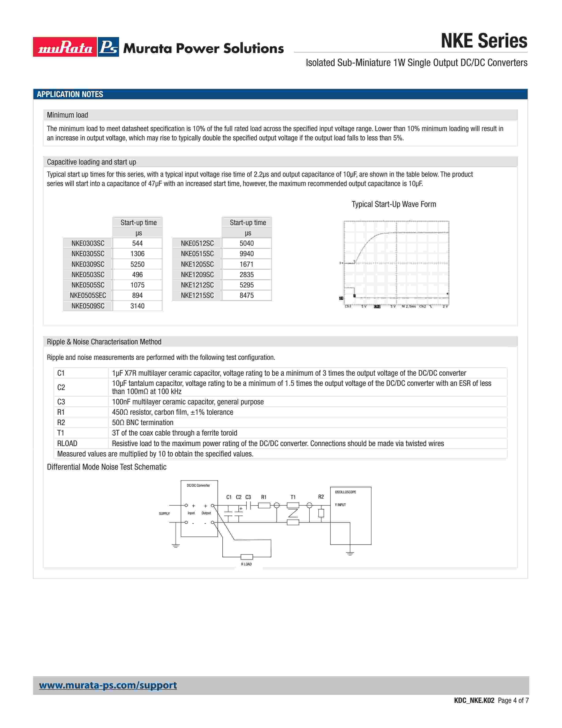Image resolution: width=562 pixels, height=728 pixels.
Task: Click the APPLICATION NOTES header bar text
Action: click(x=70, y=94)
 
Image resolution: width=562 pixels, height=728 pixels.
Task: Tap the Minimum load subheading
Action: click(x=68, y=115)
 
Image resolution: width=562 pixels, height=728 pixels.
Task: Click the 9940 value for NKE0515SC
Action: click(x=246, y=254)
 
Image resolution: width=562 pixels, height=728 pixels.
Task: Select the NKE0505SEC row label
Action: click(x=88, y=295)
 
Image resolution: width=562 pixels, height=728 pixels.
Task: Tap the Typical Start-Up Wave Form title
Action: click(x=394, y=204)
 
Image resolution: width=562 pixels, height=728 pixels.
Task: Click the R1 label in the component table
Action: click(x=61, y=412)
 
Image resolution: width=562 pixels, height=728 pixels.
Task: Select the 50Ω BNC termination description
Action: click(x=143, y=423)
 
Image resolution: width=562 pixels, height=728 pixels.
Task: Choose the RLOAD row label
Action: click(x=67, y=444)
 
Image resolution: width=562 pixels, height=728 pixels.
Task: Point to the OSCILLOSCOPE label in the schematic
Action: click(x=345, y=492)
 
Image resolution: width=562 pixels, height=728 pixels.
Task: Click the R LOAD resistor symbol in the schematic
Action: click(x=246, y=557)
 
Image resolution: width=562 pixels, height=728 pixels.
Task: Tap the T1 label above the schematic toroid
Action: click(x=293, y=497)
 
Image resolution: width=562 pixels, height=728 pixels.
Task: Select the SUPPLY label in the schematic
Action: click(x=164, y=514)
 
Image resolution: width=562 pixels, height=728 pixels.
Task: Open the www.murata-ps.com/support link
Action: click(x=108, y=685)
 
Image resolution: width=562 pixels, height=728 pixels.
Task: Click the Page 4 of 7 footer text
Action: click(x=513, y=700)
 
